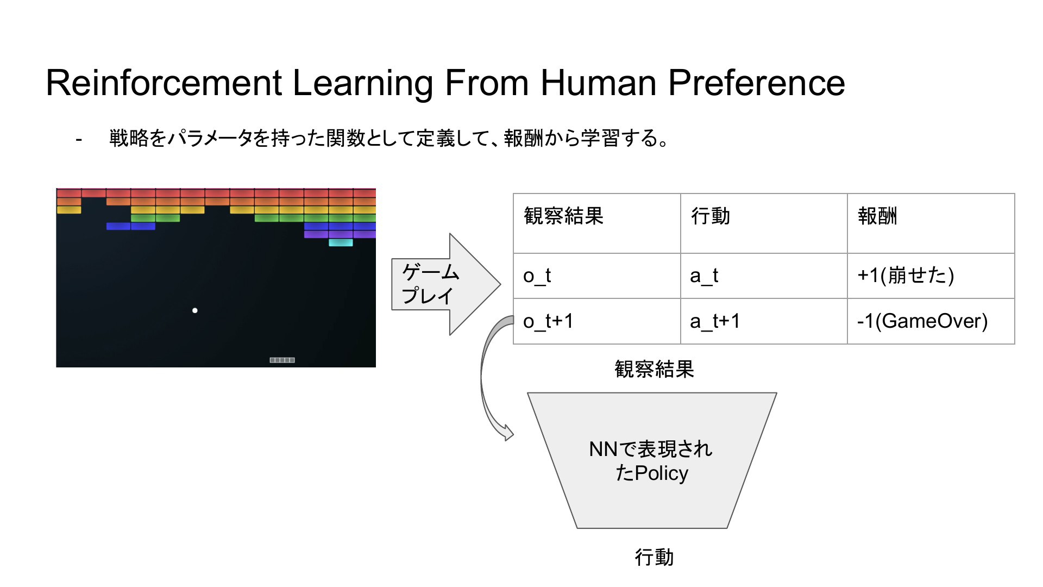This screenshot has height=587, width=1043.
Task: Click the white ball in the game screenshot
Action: (x=195, y=310)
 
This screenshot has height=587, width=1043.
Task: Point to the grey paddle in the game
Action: (x=282, y=360)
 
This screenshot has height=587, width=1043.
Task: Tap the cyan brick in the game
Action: (x=341, y=242)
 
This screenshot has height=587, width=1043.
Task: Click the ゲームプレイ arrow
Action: (x=445, y=284)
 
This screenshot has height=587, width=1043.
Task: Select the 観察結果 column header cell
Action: (x=597, y=223)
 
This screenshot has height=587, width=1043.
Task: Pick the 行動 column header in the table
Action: (x=764, y=223)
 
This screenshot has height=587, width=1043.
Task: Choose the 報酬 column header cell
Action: (x=931, y=223)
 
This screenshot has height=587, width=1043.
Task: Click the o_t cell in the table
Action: (x=597, y=276)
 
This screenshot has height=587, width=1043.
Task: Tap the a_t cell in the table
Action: (x=764, y=276)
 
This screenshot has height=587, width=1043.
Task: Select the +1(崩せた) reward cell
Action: (x=931, y=276)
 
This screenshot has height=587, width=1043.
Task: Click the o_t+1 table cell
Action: (x=597, y=321)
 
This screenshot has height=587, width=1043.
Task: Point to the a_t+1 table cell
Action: (x=764, y=321)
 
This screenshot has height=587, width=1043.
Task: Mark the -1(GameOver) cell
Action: (x=931, y=321)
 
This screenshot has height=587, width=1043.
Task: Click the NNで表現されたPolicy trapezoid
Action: (x=652, y=460)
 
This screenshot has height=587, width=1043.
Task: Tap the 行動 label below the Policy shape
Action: (x=654, y=558)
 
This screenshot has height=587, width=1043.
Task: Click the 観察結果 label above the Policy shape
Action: (x=654, y=369)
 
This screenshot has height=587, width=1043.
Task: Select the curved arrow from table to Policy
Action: (x=482, y=375)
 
